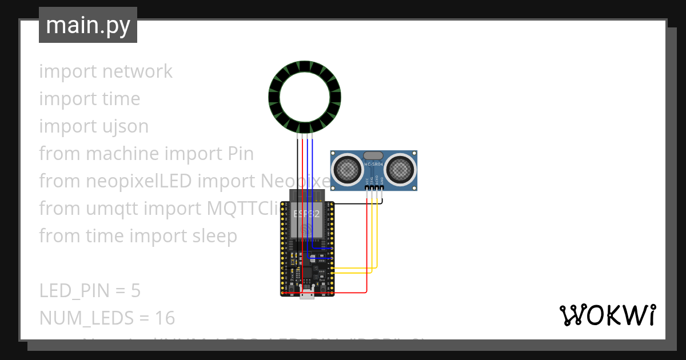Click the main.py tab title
[87, 25]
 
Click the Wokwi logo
[608, 315]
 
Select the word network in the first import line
[137, 71]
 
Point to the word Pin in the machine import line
[237, 154]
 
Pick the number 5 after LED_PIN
[135, 291]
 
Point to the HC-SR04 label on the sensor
[373, 165]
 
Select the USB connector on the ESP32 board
[306, 295]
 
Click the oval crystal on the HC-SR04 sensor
[373, 155]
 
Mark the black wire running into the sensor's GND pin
[354, 203]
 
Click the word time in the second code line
[121, 99]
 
